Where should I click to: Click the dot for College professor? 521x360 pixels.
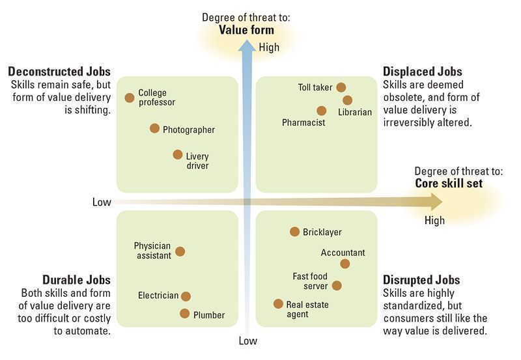(130, 98)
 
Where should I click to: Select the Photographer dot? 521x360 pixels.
(154, 128)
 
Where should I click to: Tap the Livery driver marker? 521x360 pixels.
(178, 154)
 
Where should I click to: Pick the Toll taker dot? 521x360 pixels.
(341, 87)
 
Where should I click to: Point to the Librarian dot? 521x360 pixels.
(347, 100)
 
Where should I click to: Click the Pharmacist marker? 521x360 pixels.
(321, 111)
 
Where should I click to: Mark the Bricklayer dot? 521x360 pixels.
(294, 232)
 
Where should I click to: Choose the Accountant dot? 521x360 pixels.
(345, 264)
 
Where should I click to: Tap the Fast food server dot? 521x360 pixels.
(337, 285)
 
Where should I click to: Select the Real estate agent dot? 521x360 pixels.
(278, 303)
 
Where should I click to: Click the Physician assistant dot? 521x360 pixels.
(180, 251)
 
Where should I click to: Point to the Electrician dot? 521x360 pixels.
(186, 296)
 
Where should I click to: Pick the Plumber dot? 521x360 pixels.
(184, 313)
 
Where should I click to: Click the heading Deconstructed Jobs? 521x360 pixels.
(59, 72)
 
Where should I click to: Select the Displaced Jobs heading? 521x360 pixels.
(422, 72)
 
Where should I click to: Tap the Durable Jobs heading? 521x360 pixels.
(76, 280)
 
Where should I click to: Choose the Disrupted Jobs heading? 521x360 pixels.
(421, 280)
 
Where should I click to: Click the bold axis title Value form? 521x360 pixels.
(247, 30)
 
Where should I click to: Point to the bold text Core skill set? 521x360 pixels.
(449, 184)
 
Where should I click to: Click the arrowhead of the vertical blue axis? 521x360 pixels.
(247, 46)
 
